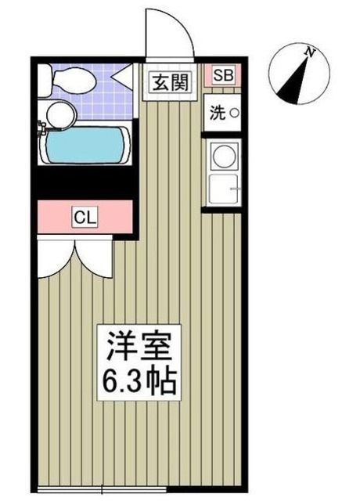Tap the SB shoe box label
pos(223,76)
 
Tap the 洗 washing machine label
pos(217,112)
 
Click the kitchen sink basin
pos(223,189)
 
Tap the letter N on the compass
pos(311,52)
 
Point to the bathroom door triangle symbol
pos(124,77)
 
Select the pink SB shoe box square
pos(223,76)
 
